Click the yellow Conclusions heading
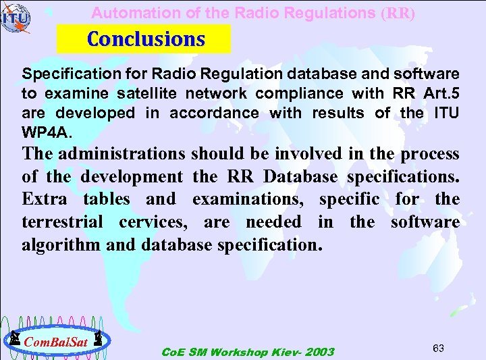click(145, 39)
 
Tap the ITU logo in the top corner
click(16, 18)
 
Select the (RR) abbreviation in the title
click(398, 13)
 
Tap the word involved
click(310, 153)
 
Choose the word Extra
click(44, 199)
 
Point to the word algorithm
click(61, 245)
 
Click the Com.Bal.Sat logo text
click(56, 342)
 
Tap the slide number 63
click(438, 348)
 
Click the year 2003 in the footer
click(319, 352)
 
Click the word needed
click(273, 222)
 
